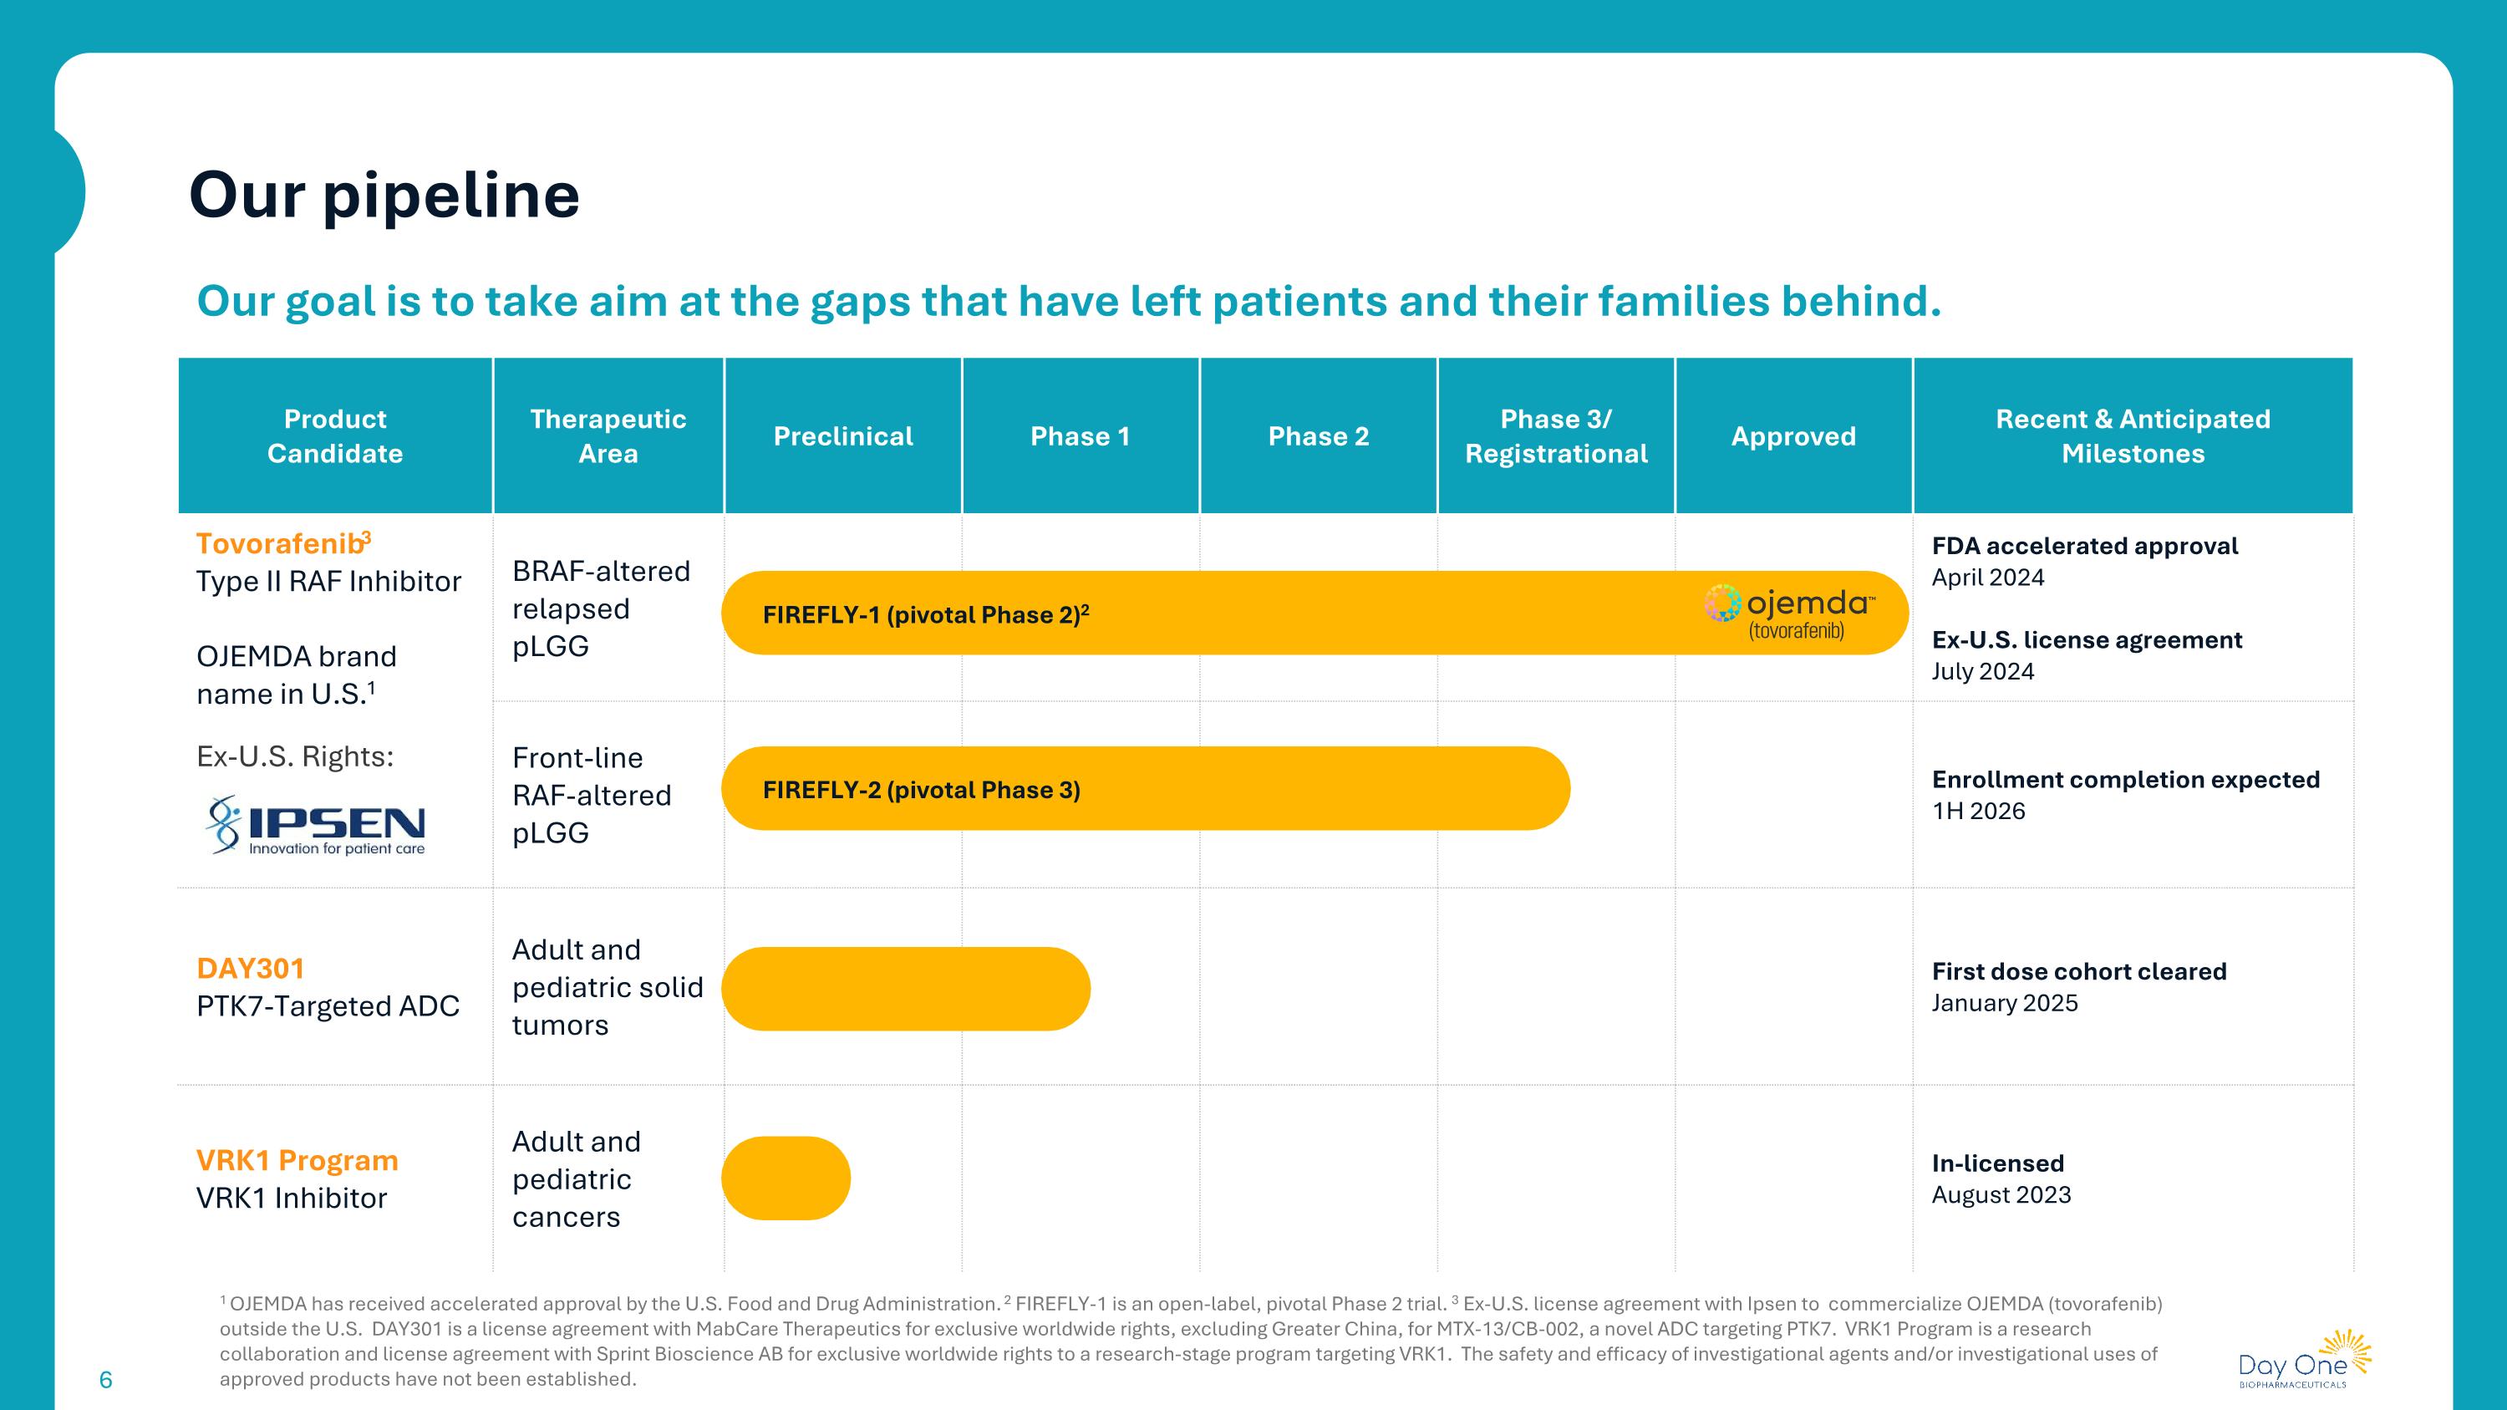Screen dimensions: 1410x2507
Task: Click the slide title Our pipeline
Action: [384, 196]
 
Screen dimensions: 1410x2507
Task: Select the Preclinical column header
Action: [843, 436]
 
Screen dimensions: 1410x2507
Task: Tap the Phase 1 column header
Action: [1081, 436]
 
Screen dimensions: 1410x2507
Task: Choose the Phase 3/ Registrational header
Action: [1555, 436]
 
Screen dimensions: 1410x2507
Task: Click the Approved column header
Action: [1793, 436]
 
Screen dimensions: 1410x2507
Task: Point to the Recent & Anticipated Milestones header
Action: [2133, 436]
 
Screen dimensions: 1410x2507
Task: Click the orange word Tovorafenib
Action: [280, 544]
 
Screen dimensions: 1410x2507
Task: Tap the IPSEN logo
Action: [316, 826]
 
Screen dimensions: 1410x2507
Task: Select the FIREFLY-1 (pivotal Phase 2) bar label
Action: [924, 615]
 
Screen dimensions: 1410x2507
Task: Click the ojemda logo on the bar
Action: [1791, 612]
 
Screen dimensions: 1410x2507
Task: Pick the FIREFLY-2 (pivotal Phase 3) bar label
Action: [921, 790]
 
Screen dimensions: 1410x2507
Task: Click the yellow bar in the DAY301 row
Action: [905, 989]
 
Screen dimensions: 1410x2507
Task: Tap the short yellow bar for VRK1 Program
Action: [786, 1178]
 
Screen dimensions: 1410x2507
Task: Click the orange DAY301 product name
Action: [250, 968]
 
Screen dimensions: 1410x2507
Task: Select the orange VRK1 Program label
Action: [297, 1160]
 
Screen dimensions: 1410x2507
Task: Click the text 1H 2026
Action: [1977, 812]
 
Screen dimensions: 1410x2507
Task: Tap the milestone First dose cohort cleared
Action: [2077, 971]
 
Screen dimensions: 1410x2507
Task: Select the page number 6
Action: [106, 1380]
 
